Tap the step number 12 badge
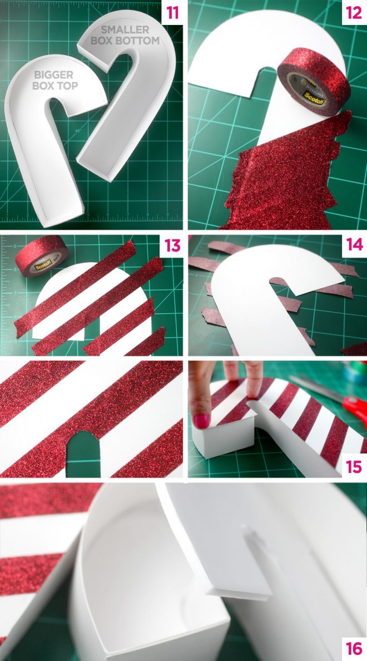point(354,13)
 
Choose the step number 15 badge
point(354,466)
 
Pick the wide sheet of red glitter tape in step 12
point(278,178)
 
